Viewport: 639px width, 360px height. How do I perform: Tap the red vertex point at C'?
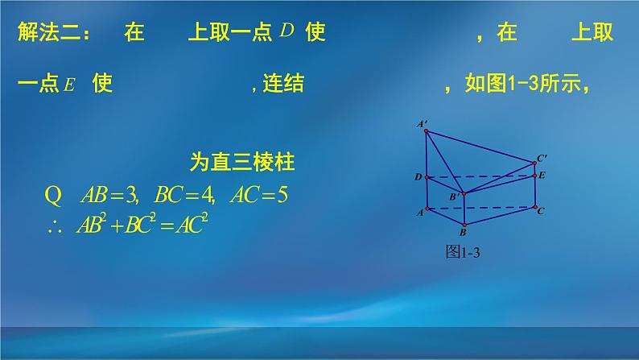(x=535, y=163)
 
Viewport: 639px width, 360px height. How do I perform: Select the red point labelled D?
(x=426, y=176)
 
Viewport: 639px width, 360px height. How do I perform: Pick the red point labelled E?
(x=535, y=175)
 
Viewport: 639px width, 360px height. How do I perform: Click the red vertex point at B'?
(x=464, y=192)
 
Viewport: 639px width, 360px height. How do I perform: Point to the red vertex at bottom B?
(x=464, y=224)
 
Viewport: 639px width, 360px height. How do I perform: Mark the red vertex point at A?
(x=426, y=209)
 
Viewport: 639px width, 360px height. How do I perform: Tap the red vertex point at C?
(x=535, y=207)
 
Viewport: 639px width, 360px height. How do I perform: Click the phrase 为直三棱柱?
(x=241, y=163)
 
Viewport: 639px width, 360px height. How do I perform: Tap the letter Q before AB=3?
(x=54, y=195)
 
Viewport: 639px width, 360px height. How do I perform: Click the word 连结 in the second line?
(x=284, y=85)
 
